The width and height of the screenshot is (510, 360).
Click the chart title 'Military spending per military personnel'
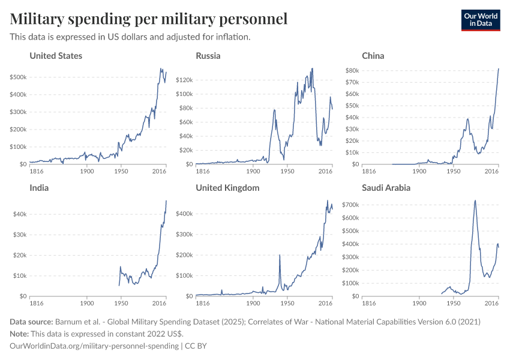[x=149, y=19]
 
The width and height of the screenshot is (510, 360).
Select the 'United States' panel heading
[x=56, y=56]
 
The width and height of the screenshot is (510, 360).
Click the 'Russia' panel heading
[x=208, y=56]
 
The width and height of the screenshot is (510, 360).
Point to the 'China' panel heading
[x=373, y=56]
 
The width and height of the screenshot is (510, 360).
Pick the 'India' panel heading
[x=39, y=188]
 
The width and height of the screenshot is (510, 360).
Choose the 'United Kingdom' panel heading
[x=227, y=188]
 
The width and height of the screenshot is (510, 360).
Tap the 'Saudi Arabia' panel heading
[x=386, y=188]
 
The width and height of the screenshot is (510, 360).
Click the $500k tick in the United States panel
[x=18, y=77]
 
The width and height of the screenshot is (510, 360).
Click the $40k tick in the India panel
[x=20, y=214]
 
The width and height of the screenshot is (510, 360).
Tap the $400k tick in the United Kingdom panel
[x=183, y=214]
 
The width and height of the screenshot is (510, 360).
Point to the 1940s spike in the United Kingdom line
[x=280, y=256]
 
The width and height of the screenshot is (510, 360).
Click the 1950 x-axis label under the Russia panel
[x=287, y=172]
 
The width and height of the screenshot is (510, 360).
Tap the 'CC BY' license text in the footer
[x=196, y=346]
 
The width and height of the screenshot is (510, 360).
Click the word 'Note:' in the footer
[x=20, y=334]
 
